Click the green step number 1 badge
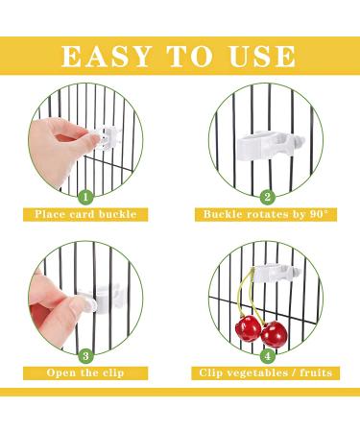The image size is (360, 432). pyautogui.click(x=85, y=197)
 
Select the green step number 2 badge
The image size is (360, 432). pyautogui.click(x=268, y=197)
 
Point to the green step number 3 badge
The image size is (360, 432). pyautogui.click(x=85, y=352)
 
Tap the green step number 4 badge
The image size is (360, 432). pyautogui.click(x=268, y=352)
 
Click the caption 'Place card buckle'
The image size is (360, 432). pyautogui.click(x=86, y=214)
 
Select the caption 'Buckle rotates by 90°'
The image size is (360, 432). pyautogui.click(x=268, y=214)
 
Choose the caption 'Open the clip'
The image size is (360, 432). pyautogui.click(x=86, y=372)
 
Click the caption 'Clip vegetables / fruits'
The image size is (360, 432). pyautogui.click(x=268, y=372)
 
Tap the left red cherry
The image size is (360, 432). pyautogui.click(x=249, y=332)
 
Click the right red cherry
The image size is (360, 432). pyautogui.click(x=276, y=335)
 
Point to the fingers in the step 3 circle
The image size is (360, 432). pyautogui.click(x=53, y=293)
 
